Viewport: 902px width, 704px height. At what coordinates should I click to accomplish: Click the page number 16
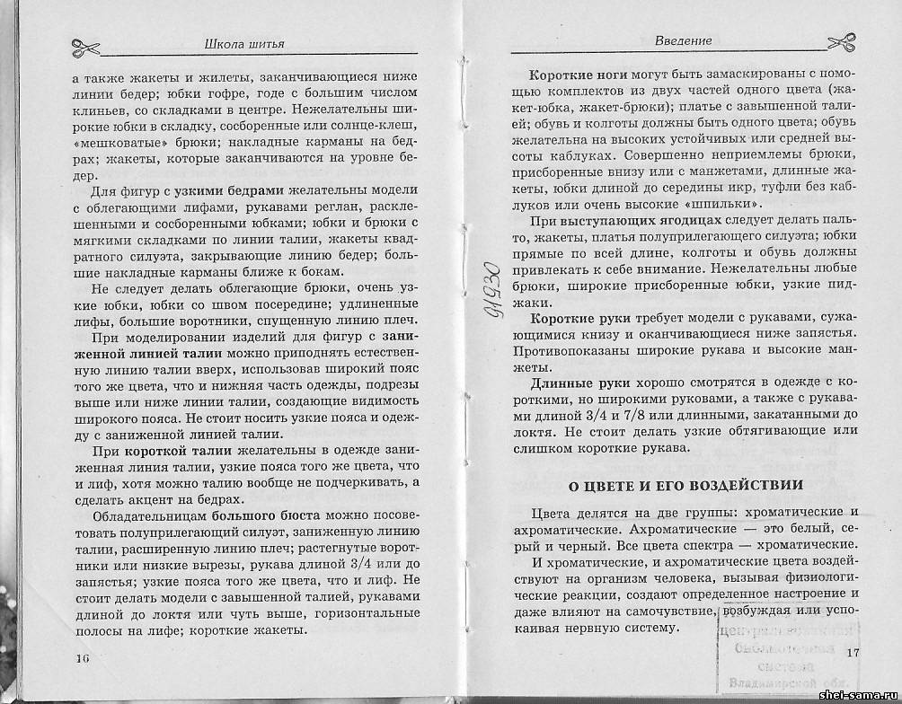click(x=84, y=657)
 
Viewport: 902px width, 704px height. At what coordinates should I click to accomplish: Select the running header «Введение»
click(x=684, y=40)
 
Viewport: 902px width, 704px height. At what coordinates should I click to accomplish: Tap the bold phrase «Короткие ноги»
click(x=572, y=75)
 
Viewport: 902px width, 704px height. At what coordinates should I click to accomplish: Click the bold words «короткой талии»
click(x=179, y=450)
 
